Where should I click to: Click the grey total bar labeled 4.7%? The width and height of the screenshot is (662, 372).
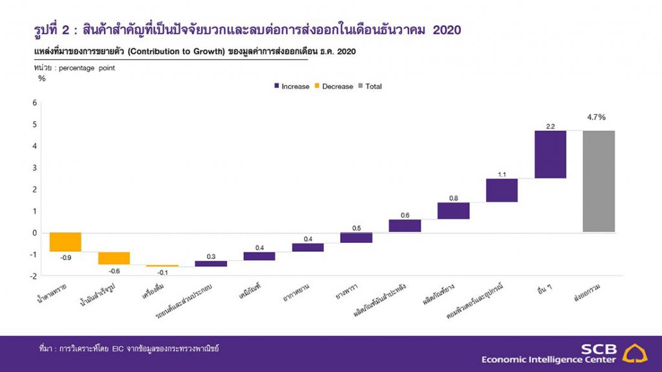pos(598,181)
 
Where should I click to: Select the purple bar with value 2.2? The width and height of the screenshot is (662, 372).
pos(550,154)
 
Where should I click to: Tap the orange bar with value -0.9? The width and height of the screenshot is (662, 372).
pos(65,242)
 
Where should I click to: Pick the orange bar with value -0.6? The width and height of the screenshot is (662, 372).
pos(114,258)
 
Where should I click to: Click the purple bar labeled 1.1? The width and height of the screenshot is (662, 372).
pos(502,190)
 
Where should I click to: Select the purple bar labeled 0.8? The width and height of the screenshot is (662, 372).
pos(453,211)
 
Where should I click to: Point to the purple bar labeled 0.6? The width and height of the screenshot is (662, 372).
pos(405,225)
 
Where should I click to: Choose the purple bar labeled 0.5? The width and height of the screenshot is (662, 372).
pos(356,238)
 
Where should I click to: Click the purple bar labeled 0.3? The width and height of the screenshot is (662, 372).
pos(211,263)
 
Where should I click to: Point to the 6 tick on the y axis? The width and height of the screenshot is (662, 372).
pos(34,102)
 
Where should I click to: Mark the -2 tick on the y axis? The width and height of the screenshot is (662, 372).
pos(34,276)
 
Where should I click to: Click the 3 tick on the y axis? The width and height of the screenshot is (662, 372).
pos(34,167)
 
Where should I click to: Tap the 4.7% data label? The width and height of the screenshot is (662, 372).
pos(596,118)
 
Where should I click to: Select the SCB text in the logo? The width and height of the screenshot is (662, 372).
pos(599,349)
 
